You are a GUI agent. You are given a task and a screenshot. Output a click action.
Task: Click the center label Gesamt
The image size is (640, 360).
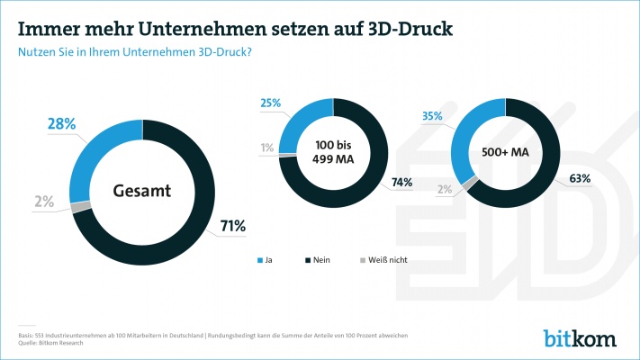142,191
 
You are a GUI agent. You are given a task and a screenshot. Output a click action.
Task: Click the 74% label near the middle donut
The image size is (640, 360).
401,183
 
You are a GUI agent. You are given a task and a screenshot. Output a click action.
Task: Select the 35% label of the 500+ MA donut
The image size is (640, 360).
432,116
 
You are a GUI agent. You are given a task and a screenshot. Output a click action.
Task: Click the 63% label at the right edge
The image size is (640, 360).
579,178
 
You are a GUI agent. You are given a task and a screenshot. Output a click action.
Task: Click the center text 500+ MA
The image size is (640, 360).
506,152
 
